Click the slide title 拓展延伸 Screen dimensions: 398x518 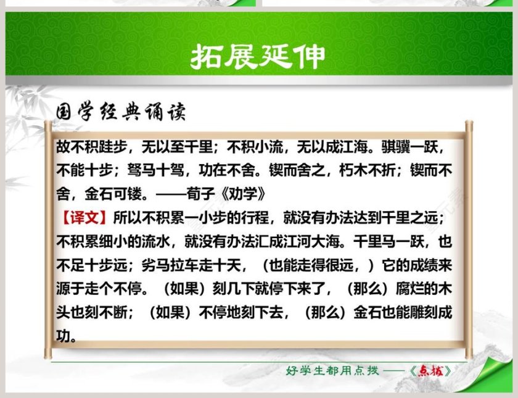pyautogui.click(x=258, y=57)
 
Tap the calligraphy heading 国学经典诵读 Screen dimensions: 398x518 pyautogui.click(x=120, y=113)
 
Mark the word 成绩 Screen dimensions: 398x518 pyautogui.click(x=410, y=265)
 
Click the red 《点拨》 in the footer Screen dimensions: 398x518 pyautogui.click(x=434, y=371)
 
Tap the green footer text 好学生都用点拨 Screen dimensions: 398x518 pyautogui.click(x=330, y=371)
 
